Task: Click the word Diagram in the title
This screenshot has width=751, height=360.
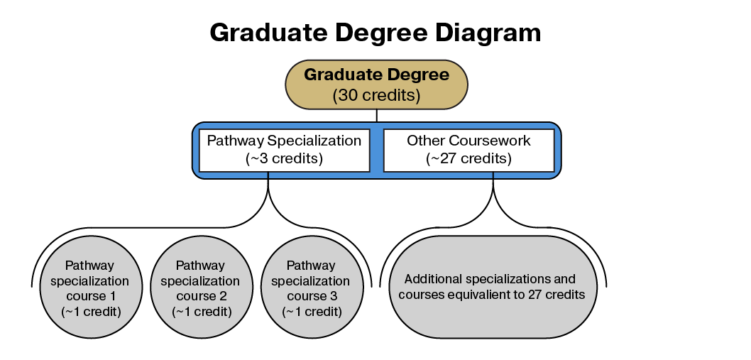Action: pos(488,33)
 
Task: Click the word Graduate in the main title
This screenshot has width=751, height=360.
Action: pos(269,33)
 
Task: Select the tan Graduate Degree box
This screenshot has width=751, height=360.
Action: pos(376,84)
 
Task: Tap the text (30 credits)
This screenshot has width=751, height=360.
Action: pos(376,95)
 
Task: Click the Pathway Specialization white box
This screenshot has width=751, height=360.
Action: pos(284,150)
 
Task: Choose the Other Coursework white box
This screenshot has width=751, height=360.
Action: pos(469,150)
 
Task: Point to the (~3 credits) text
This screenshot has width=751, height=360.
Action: pos(284,158)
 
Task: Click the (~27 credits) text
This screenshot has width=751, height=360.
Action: pos(469,158)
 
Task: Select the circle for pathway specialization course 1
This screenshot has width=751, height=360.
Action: pos(90,287)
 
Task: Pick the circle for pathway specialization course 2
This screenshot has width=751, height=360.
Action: pos(201,287)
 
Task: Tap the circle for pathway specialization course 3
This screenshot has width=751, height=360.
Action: pos(312,287)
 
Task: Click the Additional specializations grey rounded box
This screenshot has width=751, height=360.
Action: pos(492,287)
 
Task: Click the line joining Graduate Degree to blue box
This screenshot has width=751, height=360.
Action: pos(376,116)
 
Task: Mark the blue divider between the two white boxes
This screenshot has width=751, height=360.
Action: pos(376,150)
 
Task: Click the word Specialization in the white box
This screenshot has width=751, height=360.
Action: pos(314,141)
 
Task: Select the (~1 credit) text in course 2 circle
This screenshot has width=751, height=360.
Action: pos(202,312)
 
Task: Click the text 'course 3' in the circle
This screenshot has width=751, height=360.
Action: pos(312,296)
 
